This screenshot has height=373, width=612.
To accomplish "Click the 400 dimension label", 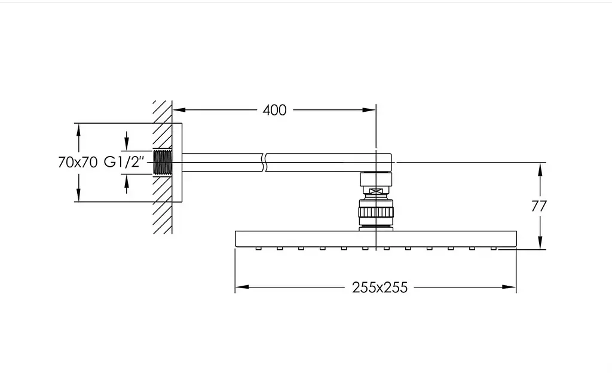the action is (274, 110).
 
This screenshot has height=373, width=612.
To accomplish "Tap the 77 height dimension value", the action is (538, 206).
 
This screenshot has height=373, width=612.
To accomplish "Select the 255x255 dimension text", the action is (380, 288).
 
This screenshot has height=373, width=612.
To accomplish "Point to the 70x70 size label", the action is (77, 163).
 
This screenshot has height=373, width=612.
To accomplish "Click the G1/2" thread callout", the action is (124, 162).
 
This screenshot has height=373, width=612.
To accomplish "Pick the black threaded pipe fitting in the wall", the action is (163, 163).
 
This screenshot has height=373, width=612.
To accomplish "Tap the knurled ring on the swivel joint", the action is (376, 212).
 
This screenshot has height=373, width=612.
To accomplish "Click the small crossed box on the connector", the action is (376, 191).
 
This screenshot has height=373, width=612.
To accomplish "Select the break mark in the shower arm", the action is (264, 163).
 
